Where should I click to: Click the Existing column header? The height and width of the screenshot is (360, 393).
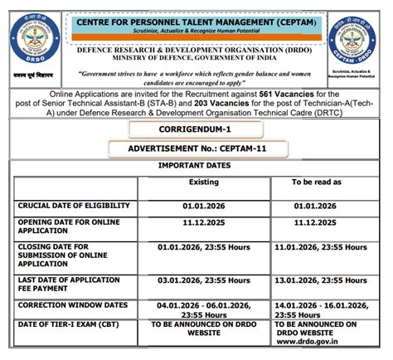point(203,181)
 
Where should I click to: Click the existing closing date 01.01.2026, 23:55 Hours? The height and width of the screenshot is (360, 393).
point(204,247)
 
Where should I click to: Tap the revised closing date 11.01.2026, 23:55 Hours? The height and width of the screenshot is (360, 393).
point(319,247)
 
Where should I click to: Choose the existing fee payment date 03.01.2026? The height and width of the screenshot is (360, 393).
point(204,283)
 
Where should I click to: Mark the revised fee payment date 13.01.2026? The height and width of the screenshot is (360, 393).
point(319,283)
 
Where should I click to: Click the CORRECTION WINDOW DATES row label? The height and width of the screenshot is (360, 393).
point(73,305)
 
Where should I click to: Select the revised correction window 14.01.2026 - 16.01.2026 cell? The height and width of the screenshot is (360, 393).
point(319,310)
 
